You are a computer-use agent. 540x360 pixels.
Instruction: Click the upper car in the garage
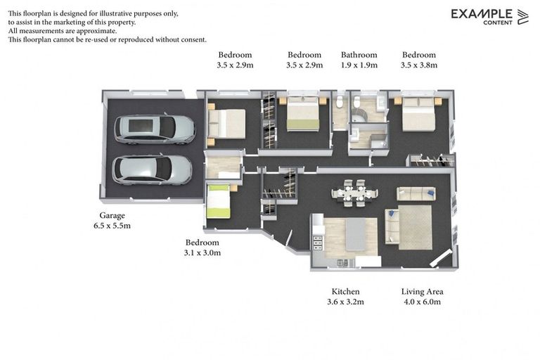pos(154,129)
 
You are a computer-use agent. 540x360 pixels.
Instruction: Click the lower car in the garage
pos(152,169)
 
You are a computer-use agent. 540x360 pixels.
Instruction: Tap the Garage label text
pos(112,216)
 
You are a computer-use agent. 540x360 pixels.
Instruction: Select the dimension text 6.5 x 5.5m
pos(112,226)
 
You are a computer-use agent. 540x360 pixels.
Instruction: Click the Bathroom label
pos(359,55)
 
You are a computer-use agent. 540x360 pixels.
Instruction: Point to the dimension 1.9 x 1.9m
pos(359,65)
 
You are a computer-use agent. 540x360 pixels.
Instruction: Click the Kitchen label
pos(345,291)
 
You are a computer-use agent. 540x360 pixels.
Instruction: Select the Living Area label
pos(422,291)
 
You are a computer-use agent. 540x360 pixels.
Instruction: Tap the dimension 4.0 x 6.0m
pos(422,302)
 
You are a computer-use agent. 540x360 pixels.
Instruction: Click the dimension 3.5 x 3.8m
pos(419,65)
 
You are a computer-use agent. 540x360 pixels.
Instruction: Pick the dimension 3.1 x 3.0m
pos(202,252)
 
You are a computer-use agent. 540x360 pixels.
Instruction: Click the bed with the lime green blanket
pos(218,201)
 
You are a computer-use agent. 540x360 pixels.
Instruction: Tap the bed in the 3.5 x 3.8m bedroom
pos(419,113)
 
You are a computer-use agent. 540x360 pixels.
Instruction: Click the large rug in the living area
pos(415,226)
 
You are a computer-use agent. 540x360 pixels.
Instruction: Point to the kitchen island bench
pos(355,234)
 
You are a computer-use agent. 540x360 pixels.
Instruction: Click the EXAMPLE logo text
pos(481,13)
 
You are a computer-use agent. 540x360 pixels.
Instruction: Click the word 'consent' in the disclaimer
pos(191,40)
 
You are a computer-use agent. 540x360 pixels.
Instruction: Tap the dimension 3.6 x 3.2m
pos(345,302)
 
